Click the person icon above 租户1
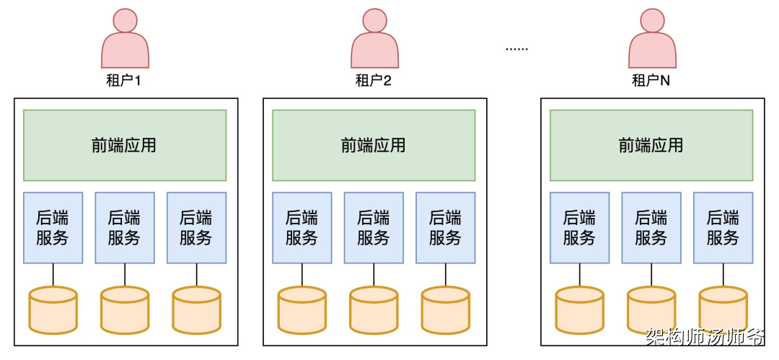[x=125, y=40]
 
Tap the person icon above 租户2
[x=374, y=40]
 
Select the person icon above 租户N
[x=651, y=40]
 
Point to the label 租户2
[x=373, y=81]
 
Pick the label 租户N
[x=651, y=81]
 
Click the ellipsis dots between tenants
[x=516, y=50]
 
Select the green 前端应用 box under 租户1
[x=125, y=145]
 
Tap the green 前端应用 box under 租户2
[x=374, y=145]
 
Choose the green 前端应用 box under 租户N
[x=651, y=145]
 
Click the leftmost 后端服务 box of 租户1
[x=53, y=227]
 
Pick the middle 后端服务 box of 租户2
[x=374, y=227]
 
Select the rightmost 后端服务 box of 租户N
[x=723, y=227]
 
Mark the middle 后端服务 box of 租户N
[x=651, y=227]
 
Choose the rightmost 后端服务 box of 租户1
[x=196, y=227]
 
